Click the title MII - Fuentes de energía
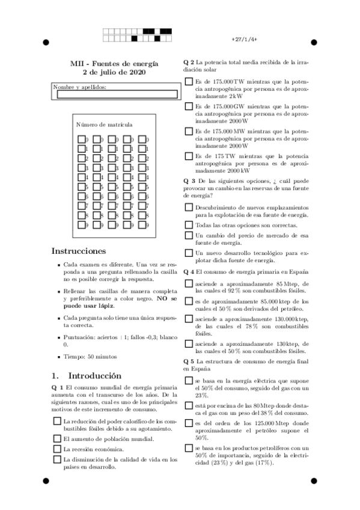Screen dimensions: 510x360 [x=114, y=63]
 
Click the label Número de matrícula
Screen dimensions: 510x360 [x=104, y=124]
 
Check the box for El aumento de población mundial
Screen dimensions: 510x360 [x=57, y=438]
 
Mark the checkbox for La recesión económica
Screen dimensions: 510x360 [x=57, y=449]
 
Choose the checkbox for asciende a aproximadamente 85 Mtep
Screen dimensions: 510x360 [x=189, y=283]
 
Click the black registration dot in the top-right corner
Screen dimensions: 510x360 [x=313, y=43]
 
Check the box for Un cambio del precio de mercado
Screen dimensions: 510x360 [x=189, y=236]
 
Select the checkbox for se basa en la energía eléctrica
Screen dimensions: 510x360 [x=189, y=381]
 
